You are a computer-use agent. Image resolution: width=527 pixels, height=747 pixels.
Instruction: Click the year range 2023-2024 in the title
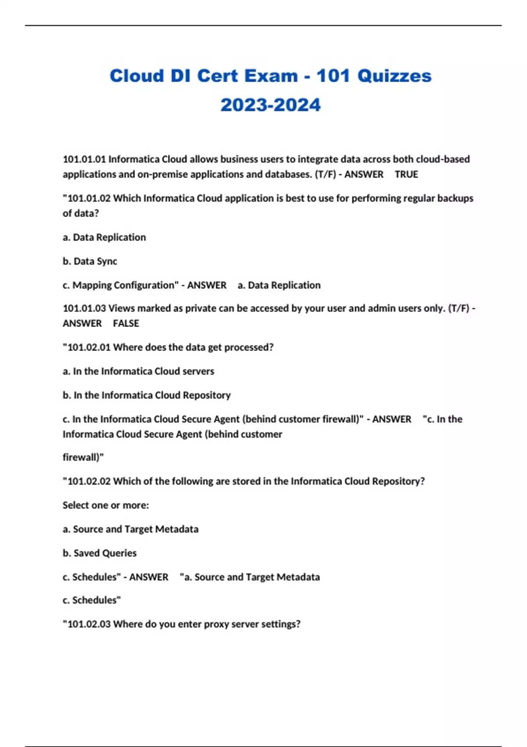tap(271, 105)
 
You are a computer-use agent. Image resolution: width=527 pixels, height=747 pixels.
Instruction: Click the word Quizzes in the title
tap(394, 76)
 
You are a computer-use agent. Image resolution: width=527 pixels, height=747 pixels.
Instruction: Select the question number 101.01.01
tap(84, 159)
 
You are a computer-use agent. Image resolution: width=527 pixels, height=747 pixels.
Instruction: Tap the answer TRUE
tap(406, 174)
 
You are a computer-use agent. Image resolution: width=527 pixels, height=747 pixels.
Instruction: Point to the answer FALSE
tap(126, 323)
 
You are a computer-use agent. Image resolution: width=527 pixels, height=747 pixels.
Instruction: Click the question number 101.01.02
tap(89, 198)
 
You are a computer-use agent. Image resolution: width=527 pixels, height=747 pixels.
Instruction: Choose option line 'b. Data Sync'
tap(90, 261)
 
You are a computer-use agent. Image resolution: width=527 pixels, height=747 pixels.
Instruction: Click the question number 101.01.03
tap(84, 308)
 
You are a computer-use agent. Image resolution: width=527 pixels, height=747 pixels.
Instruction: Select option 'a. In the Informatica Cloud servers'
tap(138, 371)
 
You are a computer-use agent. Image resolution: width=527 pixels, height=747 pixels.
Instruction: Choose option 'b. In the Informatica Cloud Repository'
tap(147, 395)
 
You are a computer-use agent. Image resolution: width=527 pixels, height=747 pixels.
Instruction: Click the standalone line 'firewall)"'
tap(83, 457)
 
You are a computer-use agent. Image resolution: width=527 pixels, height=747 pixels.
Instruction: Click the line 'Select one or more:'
tap(106, 505)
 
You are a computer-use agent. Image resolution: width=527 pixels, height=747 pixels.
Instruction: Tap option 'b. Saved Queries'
tap(100, 553)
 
